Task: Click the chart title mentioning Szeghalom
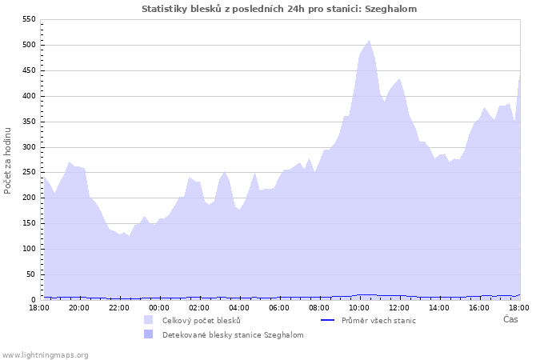click(279, 9)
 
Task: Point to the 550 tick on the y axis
click(29, 19)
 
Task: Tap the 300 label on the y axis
click(29, 147)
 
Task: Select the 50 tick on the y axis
click(31, 274)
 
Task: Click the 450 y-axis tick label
click(29, 70)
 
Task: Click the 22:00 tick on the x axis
click(119, 307)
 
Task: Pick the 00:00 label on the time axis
click(159, 307)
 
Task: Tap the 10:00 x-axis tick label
click(359, 307)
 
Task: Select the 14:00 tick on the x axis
click(439, 307)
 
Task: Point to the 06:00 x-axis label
click(279, 307)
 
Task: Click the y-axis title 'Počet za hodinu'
click(8, 159)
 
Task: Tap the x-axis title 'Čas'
click(510, 319)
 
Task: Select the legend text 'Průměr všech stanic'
click(378, 321)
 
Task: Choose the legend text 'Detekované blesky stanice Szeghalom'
click(233, 335)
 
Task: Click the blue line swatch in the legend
click(326, 320)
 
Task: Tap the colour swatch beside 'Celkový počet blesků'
click(149, 320)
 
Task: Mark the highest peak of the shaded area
click(369, 41)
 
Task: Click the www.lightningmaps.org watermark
click(45, 354)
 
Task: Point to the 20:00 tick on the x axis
click(79, 307)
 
